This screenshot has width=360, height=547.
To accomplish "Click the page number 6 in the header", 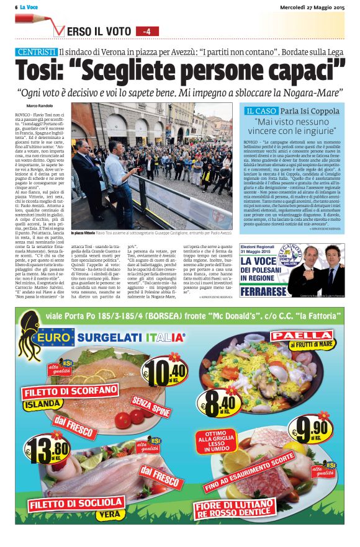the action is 17,6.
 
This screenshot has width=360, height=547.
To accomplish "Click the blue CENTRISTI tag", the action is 37,51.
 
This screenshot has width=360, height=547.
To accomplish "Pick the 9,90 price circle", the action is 312,429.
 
